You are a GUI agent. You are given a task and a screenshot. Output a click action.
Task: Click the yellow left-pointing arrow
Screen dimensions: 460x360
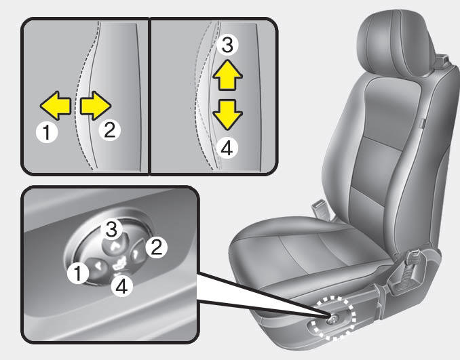[x=56, y=106]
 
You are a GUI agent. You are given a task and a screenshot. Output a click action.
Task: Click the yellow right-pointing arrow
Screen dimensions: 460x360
[x=96, y=106]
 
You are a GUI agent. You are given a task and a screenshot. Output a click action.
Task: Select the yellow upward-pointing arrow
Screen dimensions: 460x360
[x=227, y=75]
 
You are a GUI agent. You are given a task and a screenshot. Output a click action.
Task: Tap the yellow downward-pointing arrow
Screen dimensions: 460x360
[x=227, y=115]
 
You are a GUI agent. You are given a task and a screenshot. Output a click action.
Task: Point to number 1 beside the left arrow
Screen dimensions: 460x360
[x=46, y=132]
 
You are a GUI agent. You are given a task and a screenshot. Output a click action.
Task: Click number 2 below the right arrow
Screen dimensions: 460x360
[x=109, y=130]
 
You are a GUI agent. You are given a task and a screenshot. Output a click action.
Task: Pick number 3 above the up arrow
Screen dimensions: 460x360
[x=227, y=45]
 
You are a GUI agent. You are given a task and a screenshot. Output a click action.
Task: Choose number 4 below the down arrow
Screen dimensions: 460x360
[x=227, y=148]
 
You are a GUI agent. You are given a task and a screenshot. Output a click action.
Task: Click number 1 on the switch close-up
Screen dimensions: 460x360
[x=78, y=273]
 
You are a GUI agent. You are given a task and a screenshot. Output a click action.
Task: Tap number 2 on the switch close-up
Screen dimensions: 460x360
[x=156, y=247]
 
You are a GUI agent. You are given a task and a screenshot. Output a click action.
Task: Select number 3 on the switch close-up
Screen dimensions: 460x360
[x=111, y=230]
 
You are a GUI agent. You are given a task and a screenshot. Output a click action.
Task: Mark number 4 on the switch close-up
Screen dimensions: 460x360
[x=122, y=286]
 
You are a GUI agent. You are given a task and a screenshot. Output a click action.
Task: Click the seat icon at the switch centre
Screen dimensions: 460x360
[x=119, y=263]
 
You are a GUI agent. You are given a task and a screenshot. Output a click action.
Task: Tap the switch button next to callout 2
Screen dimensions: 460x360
[x=137, y=252]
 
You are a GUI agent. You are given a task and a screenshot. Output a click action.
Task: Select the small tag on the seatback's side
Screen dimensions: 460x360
[x=421, y=123]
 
